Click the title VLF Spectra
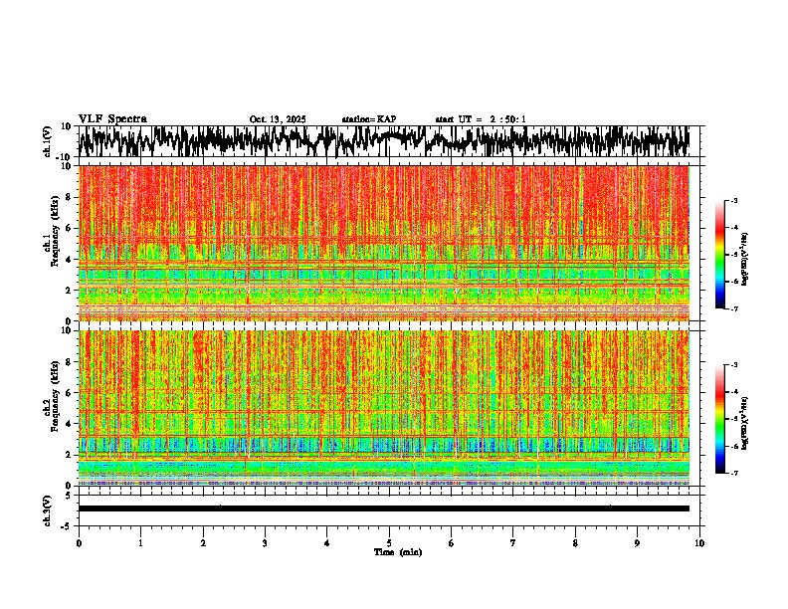(x=112, y=118)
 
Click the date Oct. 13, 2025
(x=278, y=119)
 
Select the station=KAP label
(x=368, y=119)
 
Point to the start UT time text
(x=481, y=119)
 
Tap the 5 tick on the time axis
(x=389, y=542)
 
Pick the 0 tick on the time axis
(x=79, y=542)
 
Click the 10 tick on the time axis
(x=699, y=542)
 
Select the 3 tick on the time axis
(x=265, y=542)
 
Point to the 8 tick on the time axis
(x=575, y=542)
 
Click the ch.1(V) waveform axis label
(x=48, y=141)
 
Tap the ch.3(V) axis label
(x=48, y=508)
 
